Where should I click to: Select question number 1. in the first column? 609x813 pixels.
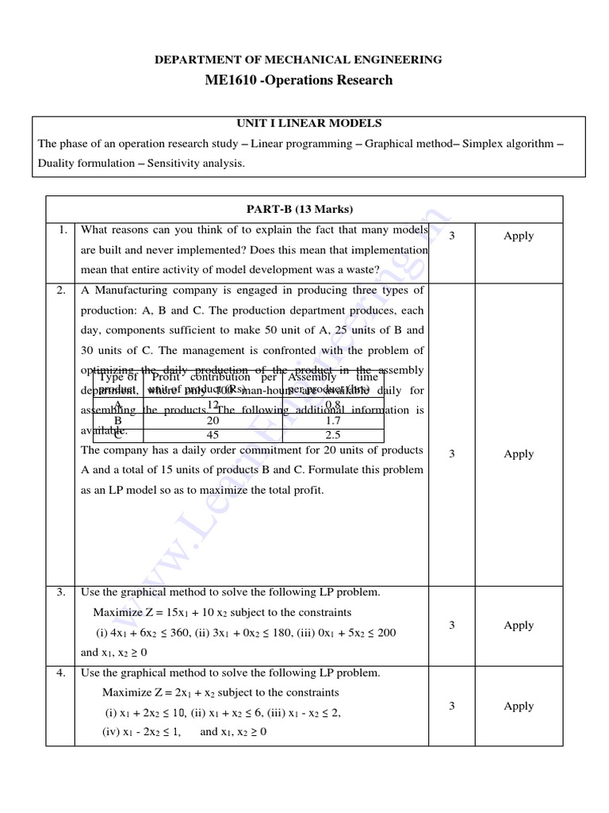click(x=61, y=230)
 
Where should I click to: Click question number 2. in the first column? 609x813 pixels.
click(x=61, y=291)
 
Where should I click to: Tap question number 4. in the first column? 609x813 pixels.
click(x=61, y=673)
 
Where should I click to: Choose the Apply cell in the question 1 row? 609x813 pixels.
click(x=519, y=236)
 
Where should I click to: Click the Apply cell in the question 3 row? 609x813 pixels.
click(x=519, y=625)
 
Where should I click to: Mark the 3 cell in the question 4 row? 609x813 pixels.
click(x=451, y=706)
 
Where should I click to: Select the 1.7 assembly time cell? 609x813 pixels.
click(x=333, y=420)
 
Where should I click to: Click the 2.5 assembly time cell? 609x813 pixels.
click(x=333, y=435)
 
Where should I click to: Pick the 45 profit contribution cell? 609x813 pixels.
click(x=213, y=435)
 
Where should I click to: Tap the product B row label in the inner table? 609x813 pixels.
click(x=117, y=420)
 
